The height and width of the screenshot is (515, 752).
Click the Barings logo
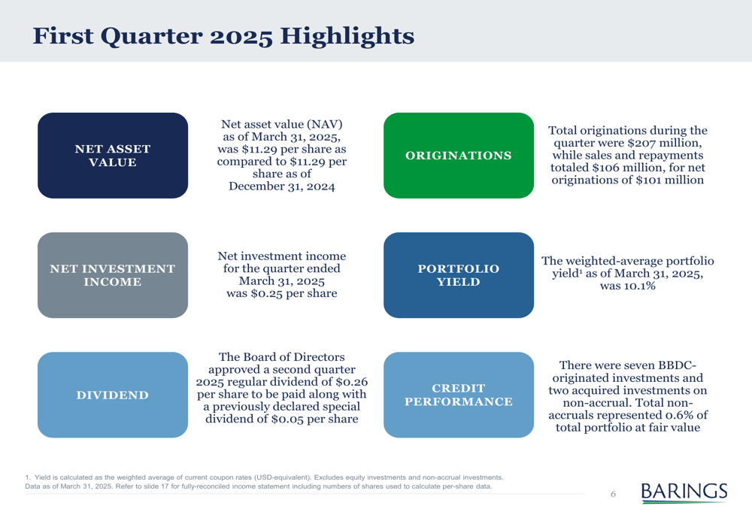pos(684,492)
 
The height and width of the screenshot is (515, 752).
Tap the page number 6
pos(613,494)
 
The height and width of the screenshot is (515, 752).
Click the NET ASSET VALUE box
pos(113,156)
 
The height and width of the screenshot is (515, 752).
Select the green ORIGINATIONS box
pos(459,156)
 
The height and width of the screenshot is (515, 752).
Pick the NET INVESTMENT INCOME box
pos(113,275)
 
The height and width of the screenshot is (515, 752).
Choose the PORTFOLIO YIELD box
pos(459,275)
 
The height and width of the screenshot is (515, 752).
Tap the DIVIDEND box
pos(113,395)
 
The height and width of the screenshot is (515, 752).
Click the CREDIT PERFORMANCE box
pos(459,395)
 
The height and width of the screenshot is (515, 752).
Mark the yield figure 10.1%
pos(638,286)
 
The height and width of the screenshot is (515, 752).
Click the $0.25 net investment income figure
pos(266,293)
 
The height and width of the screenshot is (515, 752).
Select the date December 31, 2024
pos(281,186)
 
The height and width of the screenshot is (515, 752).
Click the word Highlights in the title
pos(347,36)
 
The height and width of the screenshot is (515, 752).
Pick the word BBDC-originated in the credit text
pos(628,371)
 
